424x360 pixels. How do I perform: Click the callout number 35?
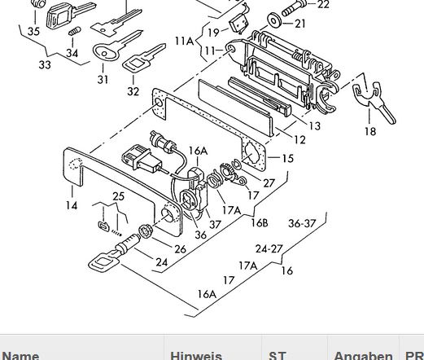33,32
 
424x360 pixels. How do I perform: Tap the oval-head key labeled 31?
114,46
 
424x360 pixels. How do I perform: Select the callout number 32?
133,91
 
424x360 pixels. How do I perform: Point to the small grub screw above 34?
75,31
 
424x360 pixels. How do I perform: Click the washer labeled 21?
274,20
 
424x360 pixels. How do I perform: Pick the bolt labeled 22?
294,8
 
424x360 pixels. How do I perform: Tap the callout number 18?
370,131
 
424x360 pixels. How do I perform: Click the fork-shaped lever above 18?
374,100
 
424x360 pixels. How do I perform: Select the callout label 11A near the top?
185,42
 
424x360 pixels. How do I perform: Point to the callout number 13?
314,126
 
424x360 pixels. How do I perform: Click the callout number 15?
288,158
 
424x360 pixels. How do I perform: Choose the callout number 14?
72,205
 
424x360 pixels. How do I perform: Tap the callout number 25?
119,196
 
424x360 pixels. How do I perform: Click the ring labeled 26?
146,231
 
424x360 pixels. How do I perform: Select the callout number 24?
162,262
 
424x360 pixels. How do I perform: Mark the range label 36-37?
302,223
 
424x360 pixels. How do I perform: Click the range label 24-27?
269,248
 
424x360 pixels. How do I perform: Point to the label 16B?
260,222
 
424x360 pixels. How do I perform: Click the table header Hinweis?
196,356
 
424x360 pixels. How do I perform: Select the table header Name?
20,356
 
